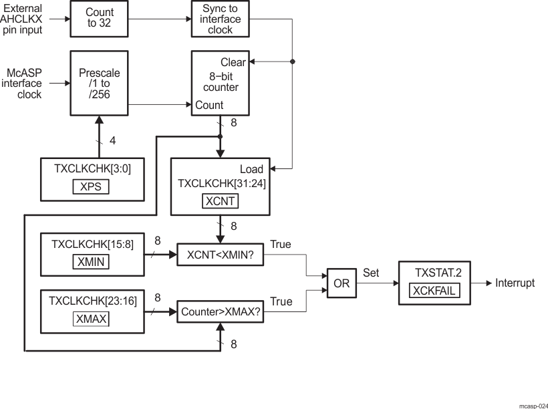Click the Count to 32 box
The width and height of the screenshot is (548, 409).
click(100, 18)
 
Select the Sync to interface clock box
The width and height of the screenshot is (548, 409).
click(220, 18)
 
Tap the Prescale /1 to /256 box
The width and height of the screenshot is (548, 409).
click(100, 84)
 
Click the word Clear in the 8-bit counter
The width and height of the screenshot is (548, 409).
click(233, 62)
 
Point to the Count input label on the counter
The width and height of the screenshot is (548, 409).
click(209, 105)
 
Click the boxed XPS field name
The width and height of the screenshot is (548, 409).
click(90, 186)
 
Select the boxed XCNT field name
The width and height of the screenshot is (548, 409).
click(220, 200)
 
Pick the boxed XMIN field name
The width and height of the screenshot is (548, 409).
click(90, 261)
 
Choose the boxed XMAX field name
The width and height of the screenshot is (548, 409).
click(90, 318)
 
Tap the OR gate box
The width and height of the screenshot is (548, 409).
click(341, 283)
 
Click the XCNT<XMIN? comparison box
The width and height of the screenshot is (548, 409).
click(220, 255)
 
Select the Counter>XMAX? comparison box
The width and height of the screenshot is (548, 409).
click(220, 311)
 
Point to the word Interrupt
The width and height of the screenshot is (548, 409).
click(515, 283)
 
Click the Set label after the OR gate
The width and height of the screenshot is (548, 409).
click(371, 273)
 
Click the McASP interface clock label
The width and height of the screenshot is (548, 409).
click(25, 84)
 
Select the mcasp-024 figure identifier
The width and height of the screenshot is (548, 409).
click(533, 405)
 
